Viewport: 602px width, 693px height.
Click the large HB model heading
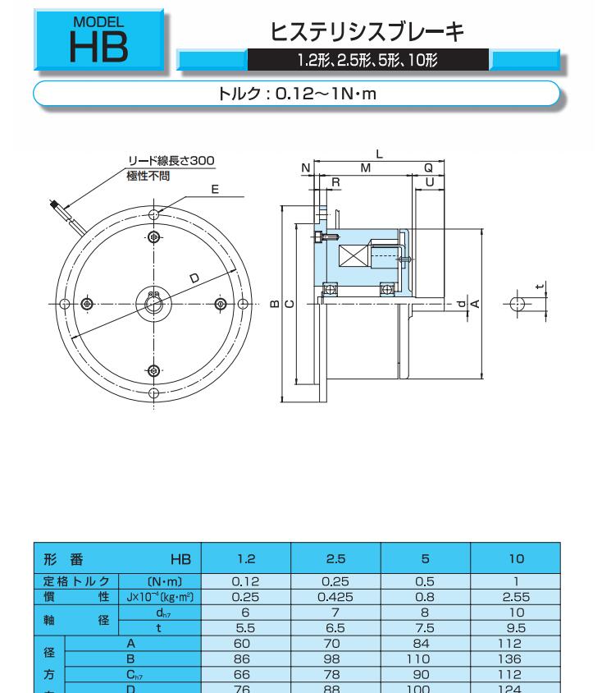tap(99, 48)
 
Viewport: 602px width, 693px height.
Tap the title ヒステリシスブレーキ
tap(367, 32)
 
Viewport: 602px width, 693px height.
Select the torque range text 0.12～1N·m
tap(326, 94)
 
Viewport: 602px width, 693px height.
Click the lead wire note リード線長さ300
tap(171, 160)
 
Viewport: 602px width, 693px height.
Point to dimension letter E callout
tap(215, 190)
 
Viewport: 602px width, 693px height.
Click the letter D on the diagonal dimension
tap(194, 278)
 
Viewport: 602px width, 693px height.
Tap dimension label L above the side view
tap(379, 154)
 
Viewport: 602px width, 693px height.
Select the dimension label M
tap(366, 168)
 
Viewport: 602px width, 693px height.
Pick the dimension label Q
tap(428, 168)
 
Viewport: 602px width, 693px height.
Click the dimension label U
tap(430, 182)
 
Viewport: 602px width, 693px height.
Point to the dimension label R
tap(335, 182)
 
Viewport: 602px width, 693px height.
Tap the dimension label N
tap(306, 168)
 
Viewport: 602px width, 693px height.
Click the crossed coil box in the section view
tap(353, 257)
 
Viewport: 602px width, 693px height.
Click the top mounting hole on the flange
tap(153, 215)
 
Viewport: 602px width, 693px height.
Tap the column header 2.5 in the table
tap(336, 559)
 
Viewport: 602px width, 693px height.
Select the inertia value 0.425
tap(335, 597)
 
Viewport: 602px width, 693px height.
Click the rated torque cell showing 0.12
tap(245, 581)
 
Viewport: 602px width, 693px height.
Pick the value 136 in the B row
tap(510, 659)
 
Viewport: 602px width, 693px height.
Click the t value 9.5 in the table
tap(517, 628)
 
